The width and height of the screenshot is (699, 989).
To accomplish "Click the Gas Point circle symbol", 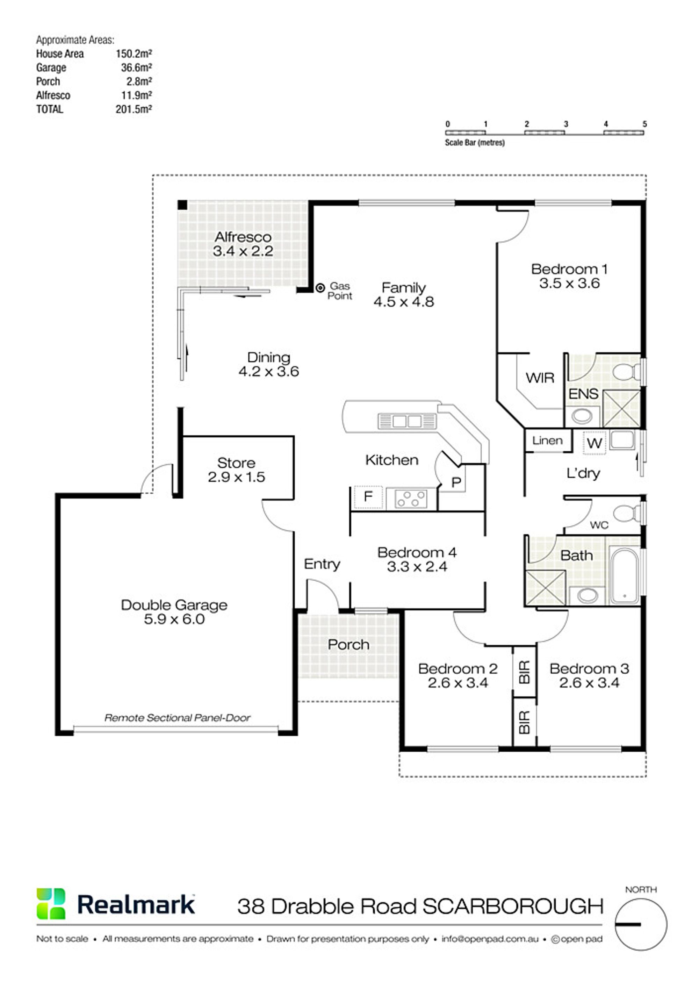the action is point(320,288).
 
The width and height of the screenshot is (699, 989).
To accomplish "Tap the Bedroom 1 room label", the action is point(569,269).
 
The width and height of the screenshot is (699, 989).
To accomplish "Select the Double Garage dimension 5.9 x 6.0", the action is point(174,619).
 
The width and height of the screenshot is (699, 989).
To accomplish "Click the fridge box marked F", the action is point(368,497).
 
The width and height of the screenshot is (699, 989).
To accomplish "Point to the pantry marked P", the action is point(456,482).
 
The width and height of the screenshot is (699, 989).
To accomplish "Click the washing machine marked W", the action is point(594,443).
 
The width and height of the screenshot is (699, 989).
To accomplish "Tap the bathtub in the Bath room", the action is point(625,575).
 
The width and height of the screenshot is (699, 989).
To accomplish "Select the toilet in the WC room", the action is point(627,514).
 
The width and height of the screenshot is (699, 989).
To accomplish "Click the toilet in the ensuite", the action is point(627,371).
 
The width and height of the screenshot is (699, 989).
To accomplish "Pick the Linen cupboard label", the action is point(547,440).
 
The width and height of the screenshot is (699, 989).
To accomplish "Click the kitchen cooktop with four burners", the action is point(411,499).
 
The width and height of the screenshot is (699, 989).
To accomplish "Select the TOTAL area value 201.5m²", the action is point(134,109).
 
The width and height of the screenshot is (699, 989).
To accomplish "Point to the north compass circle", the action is point(641,924).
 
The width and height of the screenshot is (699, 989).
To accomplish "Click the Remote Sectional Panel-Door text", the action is point(178,718).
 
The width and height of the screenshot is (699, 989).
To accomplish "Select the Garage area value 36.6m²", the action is point(137,67).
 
